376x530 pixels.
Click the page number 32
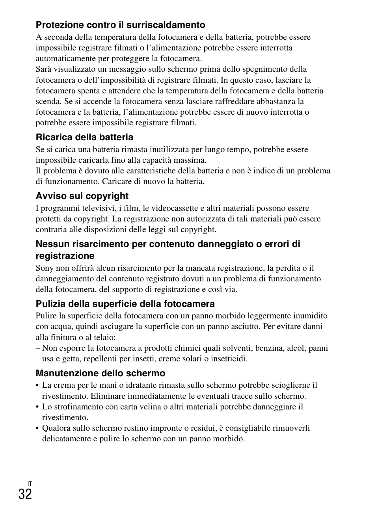click(25, 494)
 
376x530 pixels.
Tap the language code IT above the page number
click(30, 483)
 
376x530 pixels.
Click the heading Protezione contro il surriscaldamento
click(120, 25)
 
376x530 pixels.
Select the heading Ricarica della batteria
click(84, 138)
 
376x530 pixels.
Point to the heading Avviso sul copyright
click(82, 196)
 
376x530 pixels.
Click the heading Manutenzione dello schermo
click(101, 373)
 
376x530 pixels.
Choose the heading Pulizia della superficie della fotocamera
click(125, 304)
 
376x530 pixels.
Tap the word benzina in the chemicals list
click(269, 348)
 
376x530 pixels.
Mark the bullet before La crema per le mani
click(37, 385)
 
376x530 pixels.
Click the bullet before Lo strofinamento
click(37, 407)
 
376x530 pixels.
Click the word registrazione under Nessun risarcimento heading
click(65, 256)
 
